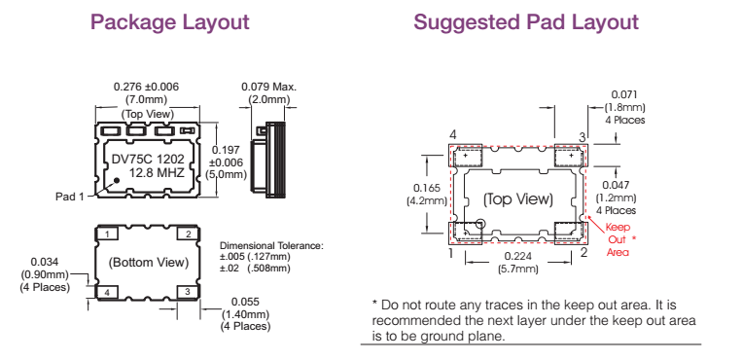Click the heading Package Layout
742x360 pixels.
tap(169, 22)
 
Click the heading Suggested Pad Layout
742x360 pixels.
tap(526, 22)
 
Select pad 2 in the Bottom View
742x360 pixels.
tap(185, 234)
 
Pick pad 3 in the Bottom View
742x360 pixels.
tap(185, 291)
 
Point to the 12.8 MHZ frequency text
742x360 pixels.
tap(156, 172)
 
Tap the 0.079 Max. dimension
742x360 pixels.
tap(268, 87)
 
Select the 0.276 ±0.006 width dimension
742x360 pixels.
tap(146, 87)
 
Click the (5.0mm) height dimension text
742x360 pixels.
tap(227, 175)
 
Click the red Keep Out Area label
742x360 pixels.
tap(618, 238)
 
